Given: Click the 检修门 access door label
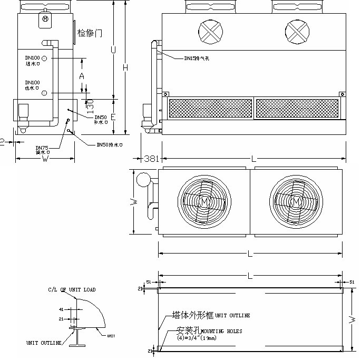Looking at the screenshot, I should click(90, 33).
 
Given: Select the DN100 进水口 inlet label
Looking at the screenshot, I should click(33, 60).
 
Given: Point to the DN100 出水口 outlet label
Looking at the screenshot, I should click(33, 85).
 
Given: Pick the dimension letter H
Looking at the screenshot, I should click(125, 67).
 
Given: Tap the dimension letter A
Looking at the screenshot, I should click(82, 76).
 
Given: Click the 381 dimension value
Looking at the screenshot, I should click(152, 158).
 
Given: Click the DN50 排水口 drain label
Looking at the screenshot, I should click(110, 144).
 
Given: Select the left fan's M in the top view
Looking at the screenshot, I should click(203, 201).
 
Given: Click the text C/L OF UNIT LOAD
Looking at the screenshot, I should click(72, 289).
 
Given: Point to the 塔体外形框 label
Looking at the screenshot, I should click(193, 315).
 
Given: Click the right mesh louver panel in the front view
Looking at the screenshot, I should click(296, 108).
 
